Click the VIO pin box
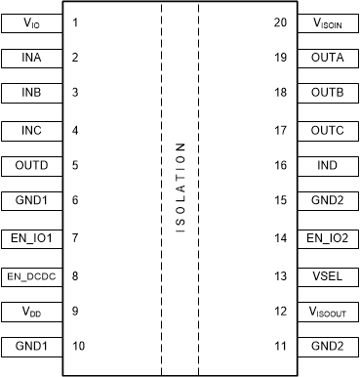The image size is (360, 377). [x=31, y=21]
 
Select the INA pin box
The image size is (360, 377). [x=31, y=57]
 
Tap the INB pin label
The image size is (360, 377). [x=31, y=93]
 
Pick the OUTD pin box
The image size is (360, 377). [x=31, y=165]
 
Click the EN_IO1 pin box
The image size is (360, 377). [x=31, y=237]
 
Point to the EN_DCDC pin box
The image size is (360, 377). [x=31, y=274]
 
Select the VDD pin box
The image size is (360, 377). [x=31, y=311]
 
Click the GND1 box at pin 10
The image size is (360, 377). [x=31, y=346]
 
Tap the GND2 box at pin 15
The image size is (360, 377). [x=328, y=201]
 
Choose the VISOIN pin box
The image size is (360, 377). [x=328, y=21]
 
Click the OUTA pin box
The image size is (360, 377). [x=328, y=57]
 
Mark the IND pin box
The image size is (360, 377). [x=328, y=165]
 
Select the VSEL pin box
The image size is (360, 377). [x=328, y=274]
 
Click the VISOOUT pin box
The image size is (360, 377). [x=328, y=311]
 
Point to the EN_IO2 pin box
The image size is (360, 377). [x=328, y=237]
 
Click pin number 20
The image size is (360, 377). [x=280, y=21]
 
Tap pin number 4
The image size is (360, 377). [x=75, y=129]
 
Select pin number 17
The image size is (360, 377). [x=280, y=129]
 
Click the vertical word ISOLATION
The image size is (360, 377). [x=180, y=188]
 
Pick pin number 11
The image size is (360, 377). [x=280, y=346]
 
